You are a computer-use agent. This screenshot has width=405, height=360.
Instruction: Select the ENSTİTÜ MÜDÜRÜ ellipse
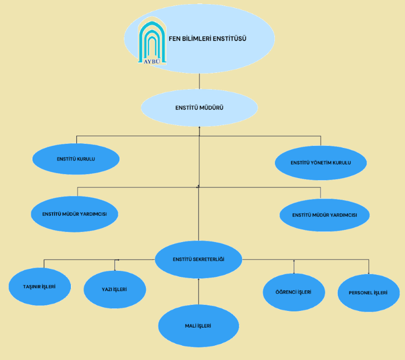(x=199, y=108)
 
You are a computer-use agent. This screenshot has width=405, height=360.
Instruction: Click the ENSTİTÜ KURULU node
(x=76, y=159)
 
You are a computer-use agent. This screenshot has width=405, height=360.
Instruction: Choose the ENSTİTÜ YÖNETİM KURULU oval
(x=320, y=163)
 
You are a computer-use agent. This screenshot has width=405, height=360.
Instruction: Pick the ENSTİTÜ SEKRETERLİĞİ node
(x=198, y=259)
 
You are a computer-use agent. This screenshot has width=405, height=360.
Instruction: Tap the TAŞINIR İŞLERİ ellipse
(x=39, y=287)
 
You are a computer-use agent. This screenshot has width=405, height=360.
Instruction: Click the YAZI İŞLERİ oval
(x=114, y=290)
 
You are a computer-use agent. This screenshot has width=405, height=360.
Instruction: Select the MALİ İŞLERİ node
(x=198, y=326)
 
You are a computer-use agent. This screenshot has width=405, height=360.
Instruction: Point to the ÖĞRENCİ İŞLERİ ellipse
(x=294, y=292)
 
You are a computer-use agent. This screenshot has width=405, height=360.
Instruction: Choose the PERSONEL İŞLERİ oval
(x=368, y=293)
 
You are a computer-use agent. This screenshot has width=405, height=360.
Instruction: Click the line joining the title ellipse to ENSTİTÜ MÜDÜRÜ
(x=199, y=82)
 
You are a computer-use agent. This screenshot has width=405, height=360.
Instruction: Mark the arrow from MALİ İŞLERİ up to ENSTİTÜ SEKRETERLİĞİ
(x=199, y=292)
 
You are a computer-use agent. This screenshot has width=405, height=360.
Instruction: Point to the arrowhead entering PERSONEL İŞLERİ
(x=369, y=273)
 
